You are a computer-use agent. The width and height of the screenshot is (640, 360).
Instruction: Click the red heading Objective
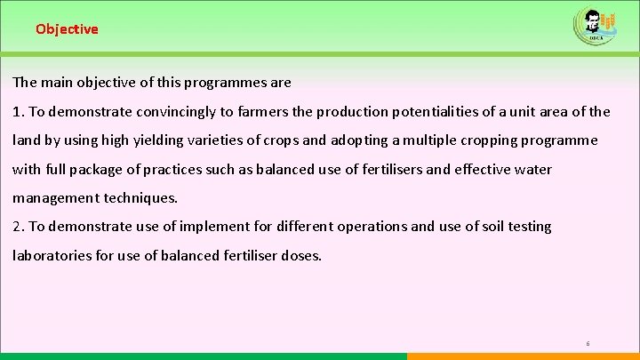click(67, 28)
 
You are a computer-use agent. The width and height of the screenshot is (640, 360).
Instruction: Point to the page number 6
click(588, 343)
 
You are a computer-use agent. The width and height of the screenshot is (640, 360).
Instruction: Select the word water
click(531, 169)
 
